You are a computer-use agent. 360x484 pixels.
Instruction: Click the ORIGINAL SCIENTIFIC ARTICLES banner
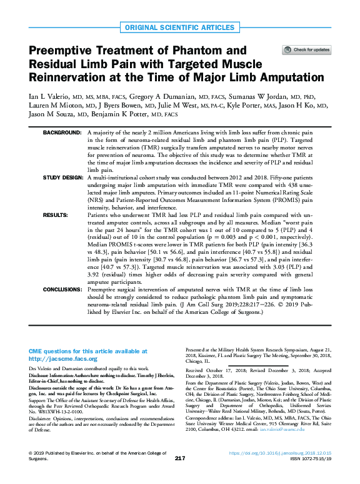(179, 28)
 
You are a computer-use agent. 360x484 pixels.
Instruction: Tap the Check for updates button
(307, 49)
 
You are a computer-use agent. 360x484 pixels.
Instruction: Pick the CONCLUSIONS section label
(61, 290)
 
